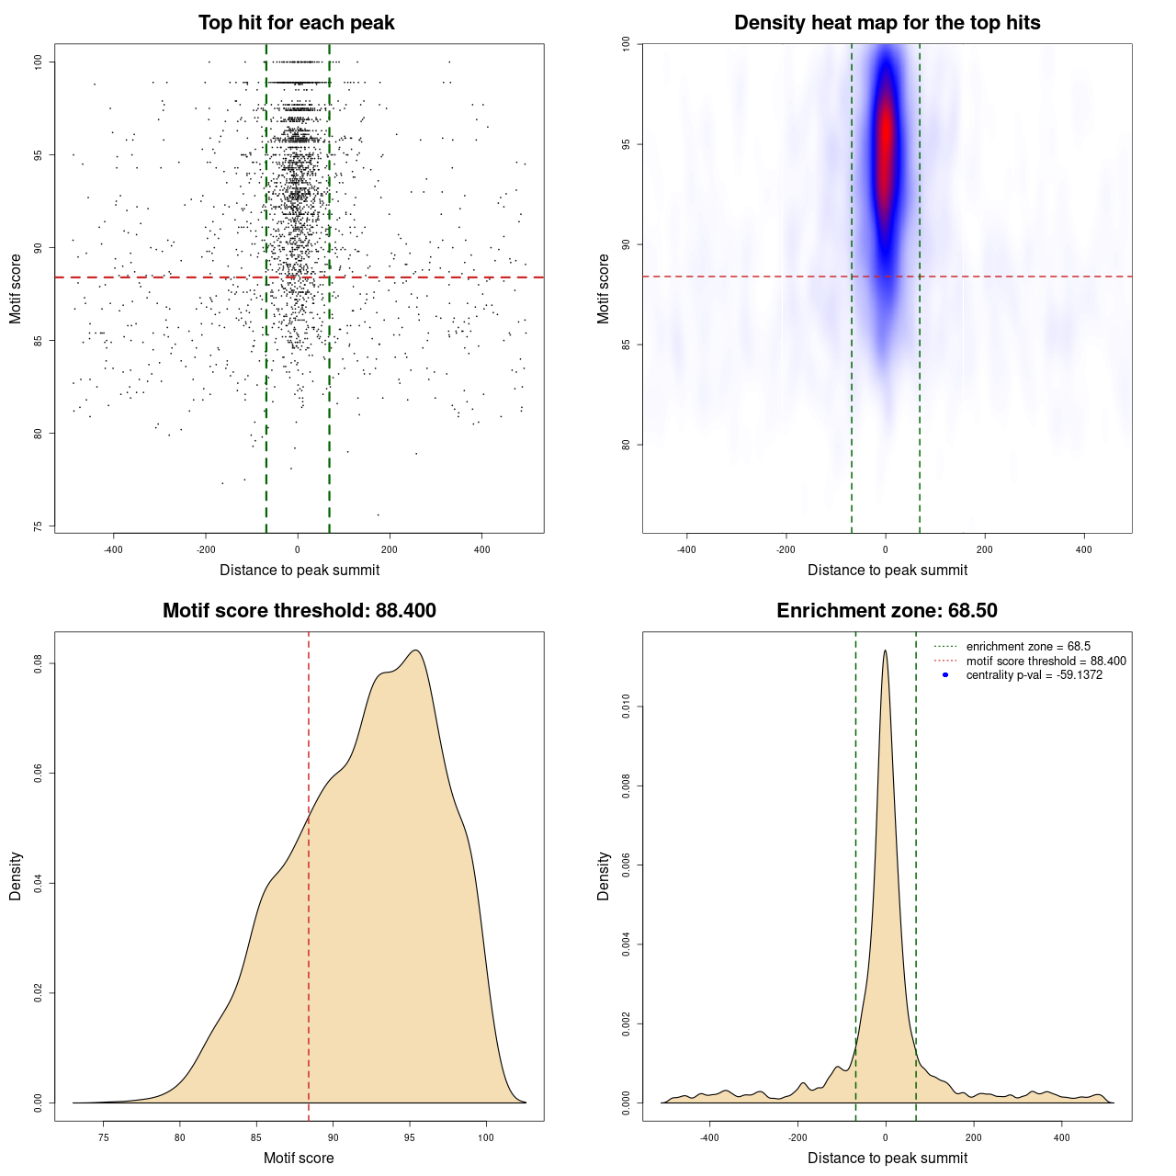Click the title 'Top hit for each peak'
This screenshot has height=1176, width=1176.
click(x=297, y=23)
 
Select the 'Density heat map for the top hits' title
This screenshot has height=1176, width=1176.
click(x=888, y=23)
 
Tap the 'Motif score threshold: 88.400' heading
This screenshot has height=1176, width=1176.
click(x=300, y=611)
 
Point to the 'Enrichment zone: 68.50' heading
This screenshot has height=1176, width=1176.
click(x=888, y=611)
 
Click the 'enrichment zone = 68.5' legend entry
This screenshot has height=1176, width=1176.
click(x=1028, y=647)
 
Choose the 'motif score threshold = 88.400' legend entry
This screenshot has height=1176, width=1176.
click(x=1046, y=661)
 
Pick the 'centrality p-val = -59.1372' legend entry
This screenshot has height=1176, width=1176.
click(x=1034, y=675)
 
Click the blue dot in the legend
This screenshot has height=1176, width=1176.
click(x=945, y=675)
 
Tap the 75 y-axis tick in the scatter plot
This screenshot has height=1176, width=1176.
click(x=39, y=526)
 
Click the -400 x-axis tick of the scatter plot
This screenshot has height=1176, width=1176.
click(x=113, y=550)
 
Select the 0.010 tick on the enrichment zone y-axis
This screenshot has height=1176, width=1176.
click(x=627, y=707)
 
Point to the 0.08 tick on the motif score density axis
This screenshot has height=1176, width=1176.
click(x=39, y=663)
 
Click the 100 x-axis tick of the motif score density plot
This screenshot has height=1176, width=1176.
click(x=486, y=1138)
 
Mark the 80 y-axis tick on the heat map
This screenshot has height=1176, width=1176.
click(x=627, y=445)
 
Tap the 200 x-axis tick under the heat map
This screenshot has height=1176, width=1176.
click(x=985, y=550)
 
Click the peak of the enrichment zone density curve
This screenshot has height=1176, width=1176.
click(x=885, y=650)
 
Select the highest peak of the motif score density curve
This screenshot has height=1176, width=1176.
click(x=416, y=650)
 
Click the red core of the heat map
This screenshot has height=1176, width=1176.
click(x=886, y=138)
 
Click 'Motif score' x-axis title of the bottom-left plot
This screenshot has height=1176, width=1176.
click(x=299, y=1159)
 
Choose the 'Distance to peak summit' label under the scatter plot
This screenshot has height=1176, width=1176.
click(x=300, y=571)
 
